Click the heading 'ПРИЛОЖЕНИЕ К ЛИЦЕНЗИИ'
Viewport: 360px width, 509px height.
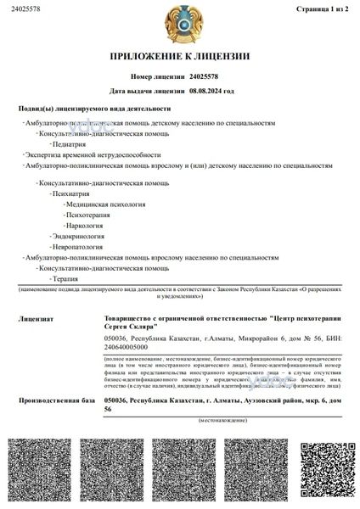coord(179,57)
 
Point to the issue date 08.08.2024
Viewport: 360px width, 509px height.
coord(211,90)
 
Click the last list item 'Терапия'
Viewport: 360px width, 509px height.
coord(65,278)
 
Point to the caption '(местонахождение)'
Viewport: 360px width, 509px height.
coord(223,420)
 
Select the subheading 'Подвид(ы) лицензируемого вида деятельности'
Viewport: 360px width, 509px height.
coord(94,109)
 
